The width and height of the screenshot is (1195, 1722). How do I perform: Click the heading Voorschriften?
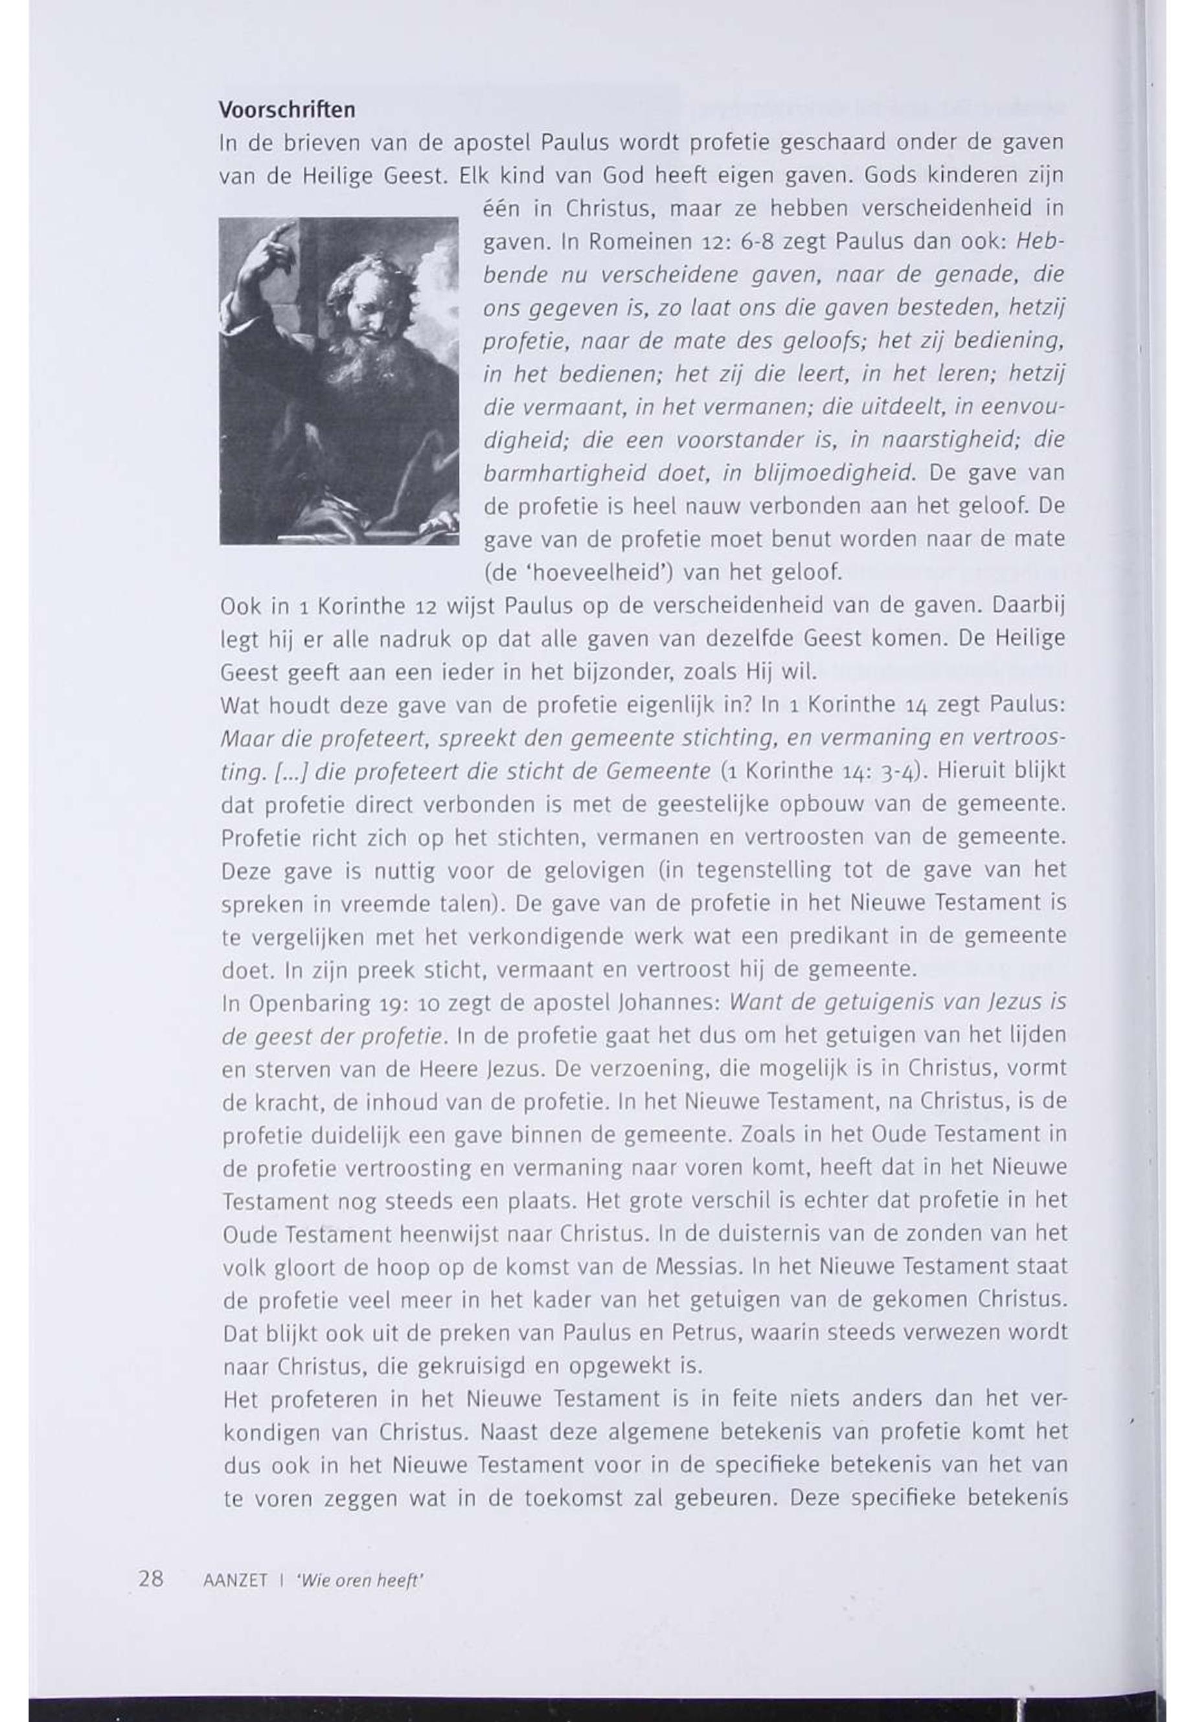click(x=287, y=111)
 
